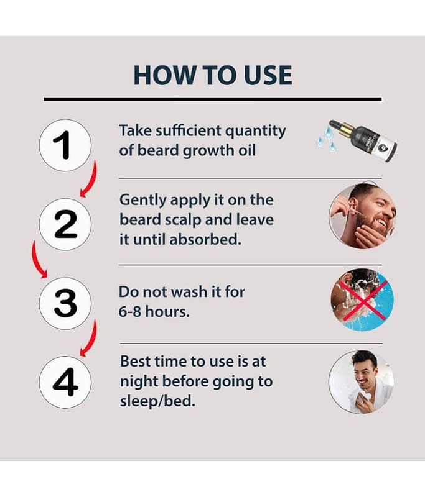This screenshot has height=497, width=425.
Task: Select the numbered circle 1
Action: pos(65,145)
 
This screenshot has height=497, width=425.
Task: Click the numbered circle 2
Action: pos(65,224)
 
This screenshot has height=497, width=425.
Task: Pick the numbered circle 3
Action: pos(65,303)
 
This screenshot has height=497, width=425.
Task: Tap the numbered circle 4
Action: pos(65,382)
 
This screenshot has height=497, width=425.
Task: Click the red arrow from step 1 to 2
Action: pos(91,181)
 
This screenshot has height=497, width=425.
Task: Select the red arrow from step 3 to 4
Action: pos(91,340)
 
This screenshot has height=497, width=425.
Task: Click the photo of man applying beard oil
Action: pos(363,215)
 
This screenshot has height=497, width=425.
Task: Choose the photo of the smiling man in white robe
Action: pos(361,382)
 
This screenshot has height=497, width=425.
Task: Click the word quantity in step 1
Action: pos(256,132)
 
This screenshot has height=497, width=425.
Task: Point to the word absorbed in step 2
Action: pos(205,239)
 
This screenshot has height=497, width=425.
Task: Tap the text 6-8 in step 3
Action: pos(129,312)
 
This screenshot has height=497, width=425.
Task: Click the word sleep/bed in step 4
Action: pos(157,401)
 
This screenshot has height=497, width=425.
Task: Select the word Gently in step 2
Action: pos(142,201)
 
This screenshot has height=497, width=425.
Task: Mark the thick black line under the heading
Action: pos(213,99)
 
